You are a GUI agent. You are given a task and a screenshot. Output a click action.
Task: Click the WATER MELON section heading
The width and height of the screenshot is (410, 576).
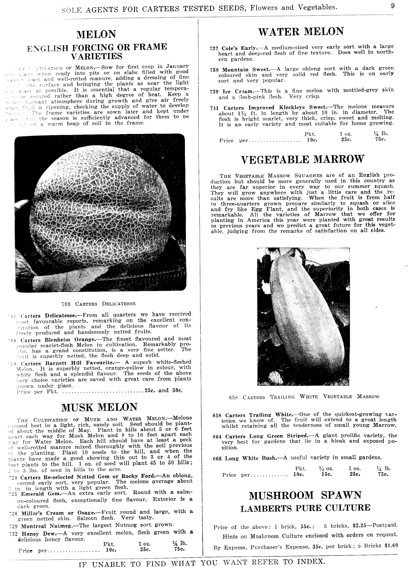pyautogui.click(x=301, y=32)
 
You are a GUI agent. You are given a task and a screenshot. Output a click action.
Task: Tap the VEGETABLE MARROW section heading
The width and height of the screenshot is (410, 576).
pyautogui.click(x=303, y=160)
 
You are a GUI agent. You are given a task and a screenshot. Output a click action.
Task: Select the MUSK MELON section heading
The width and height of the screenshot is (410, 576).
pyautogui.click(x=99, y=407)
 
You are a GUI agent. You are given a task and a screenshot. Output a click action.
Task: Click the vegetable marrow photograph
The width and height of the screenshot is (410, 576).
pyautogui.click(x=303, y=317)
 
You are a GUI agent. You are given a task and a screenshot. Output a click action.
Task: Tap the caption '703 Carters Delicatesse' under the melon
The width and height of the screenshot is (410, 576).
pyautogui.click(x=99, y=304)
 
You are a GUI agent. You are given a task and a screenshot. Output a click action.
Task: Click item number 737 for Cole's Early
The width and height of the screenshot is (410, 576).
pyautogui.click(x=214, y=48)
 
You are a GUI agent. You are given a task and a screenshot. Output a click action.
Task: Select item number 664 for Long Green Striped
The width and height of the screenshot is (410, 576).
pyautogui.click(x=217, y=437)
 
